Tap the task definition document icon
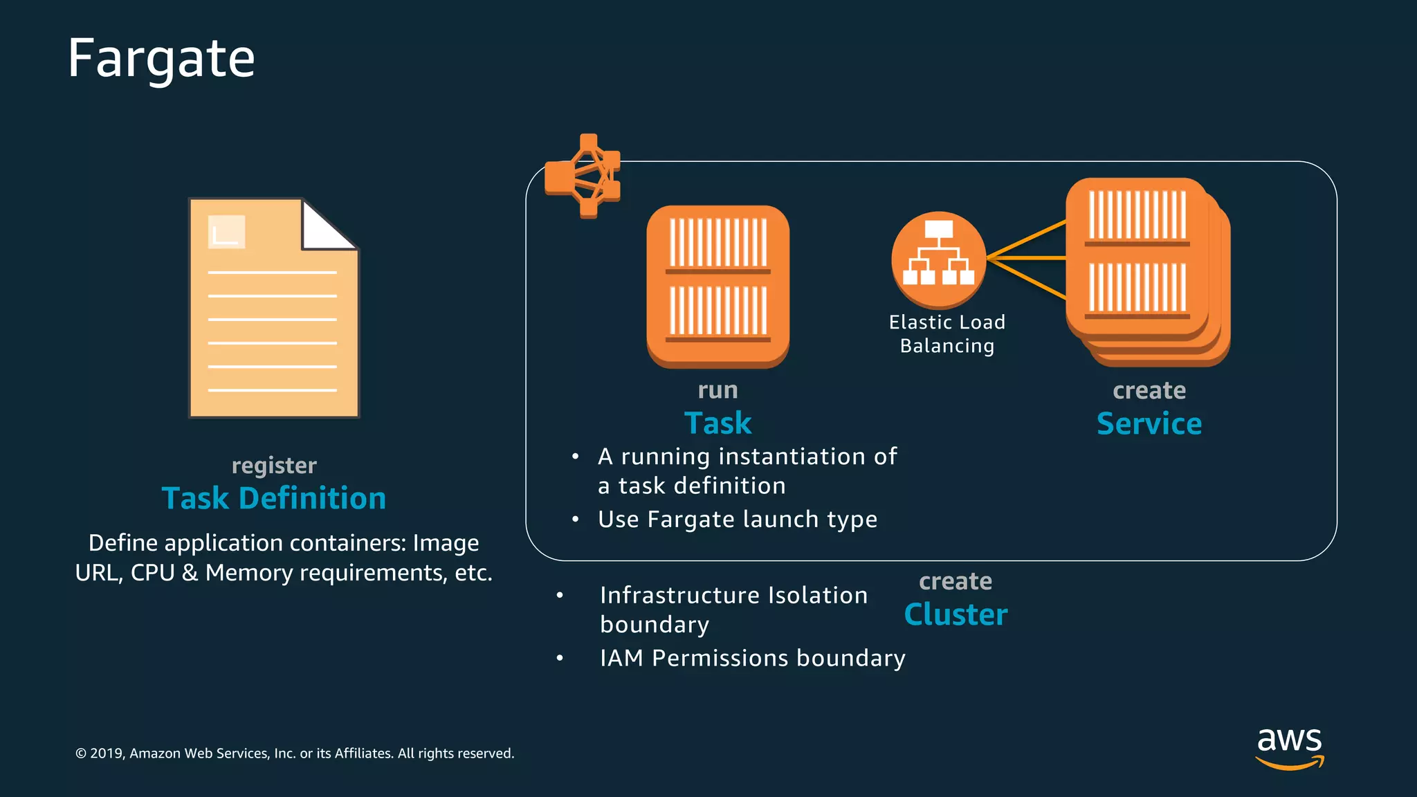coord(274,309)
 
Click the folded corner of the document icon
coord(328,225)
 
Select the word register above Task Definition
coord(274,466)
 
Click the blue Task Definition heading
coord(274,498)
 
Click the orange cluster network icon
coord(583,176)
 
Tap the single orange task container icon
coord(717,286)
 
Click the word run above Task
coord(717,390)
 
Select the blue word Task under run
coord(717,423)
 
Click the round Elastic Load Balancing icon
coord(938,259)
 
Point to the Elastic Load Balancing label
coord(947,334)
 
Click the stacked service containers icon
coord(1147,271)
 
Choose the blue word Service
coord(1149,423)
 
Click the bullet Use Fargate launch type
coord(738,520)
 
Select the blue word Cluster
coord(956,614)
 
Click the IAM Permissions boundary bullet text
coord(752,658)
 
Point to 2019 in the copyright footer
coord(107,753)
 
